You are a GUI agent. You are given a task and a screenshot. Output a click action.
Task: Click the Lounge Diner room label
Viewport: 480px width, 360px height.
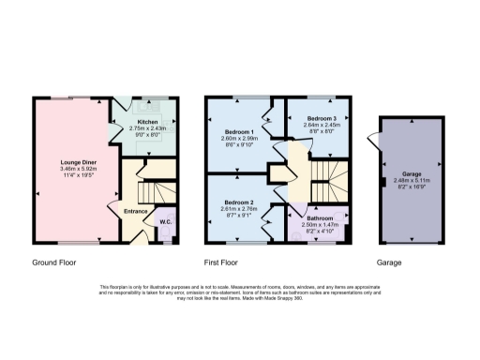pyautogui.click(x=71, y=162)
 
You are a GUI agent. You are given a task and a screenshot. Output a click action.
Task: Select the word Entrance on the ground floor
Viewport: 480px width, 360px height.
pyautogui.click(x=135, y=211)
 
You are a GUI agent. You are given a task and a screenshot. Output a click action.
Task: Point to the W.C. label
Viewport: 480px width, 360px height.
pyautogui.click(x=164, y=221)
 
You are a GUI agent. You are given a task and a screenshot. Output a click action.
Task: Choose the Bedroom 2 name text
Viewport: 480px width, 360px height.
pyautogui.click(x=236, y=203)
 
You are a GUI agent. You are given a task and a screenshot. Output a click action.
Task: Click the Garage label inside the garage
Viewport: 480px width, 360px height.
pyautogui.click(x=411, y=174)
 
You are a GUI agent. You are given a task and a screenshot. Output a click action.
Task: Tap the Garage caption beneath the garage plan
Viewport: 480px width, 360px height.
pyautogui.click(x=389, y=263)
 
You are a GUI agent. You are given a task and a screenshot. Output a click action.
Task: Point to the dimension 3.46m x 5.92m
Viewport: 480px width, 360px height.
pyautogui.click(x=71, y=169)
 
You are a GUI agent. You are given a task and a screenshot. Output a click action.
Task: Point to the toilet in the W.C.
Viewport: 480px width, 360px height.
pyautogui.click(x=166, y=232)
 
